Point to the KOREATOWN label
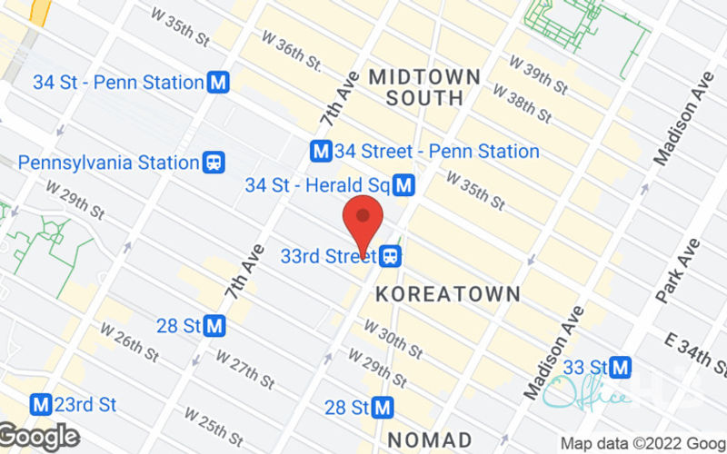coord(448,294)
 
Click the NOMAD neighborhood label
coord(430,439)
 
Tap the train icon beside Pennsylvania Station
coord(214,163)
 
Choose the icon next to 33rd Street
coord(391,256)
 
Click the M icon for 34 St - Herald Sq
coord(404,186)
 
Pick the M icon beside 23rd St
coord(40,403)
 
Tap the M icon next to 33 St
coord(622,368)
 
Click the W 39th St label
coord(539,72)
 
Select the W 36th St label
coord(292,51)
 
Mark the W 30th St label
coord(393,338)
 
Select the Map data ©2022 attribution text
coord(642,444)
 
